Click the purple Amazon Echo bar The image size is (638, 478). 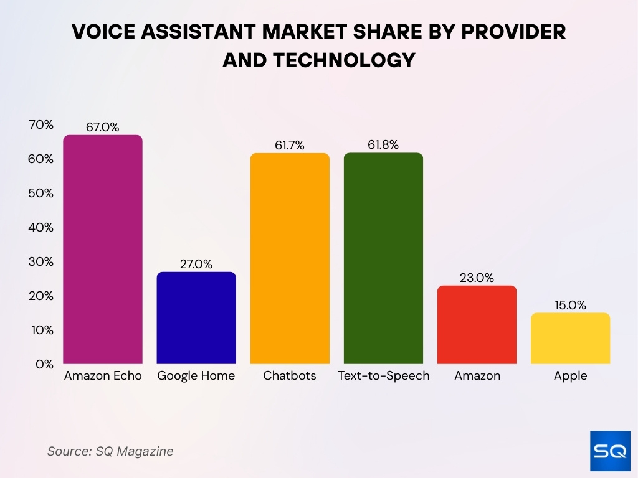click(103, 249)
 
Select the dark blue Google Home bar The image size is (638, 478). click(196, 317)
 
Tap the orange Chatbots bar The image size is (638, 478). click(290, 258)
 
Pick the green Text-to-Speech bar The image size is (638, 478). click(383, 258)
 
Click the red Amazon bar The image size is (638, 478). click(477, 324)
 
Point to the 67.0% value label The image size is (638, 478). click(103, 127)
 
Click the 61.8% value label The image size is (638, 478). click(383, 145)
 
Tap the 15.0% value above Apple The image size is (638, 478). click(570, 305)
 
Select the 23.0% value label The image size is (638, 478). click(477, 278)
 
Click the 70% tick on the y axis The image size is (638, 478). click(41, 125)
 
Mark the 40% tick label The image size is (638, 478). click(41, 228)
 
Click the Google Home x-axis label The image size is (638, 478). click(196, 376)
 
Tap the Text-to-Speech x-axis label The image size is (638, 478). click(383, 376)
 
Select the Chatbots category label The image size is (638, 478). click(290, 376)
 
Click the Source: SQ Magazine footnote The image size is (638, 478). click(110, 451)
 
